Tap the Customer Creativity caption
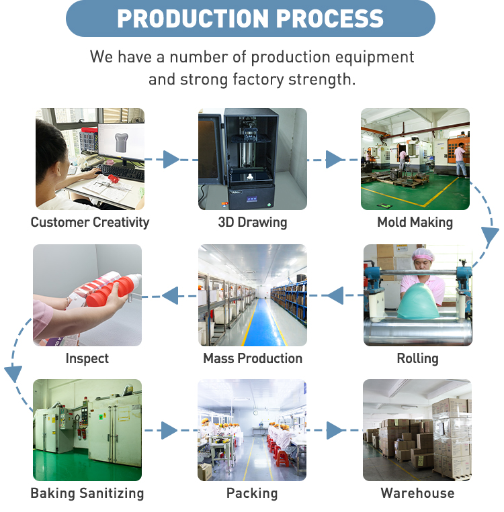pos(90,222)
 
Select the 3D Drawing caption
pos(252,222)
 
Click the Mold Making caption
pos(415,222)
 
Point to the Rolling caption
pos(417,358)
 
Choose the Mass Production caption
pos(253,358)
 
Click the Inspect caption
pos(87,358)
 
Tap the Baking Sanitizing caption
pos(87,493)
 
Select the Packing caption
pos(252,493)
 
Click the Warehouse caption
pos(417,493)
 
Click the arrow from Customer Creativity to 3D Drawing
pos(171,160)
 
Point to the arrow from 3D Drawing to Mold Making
pos(334,160)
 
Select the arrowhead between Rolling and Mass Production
pos(335,295)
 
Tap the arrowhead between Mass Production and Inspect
pos(170,295)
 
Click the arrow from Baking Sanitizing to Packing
pos(170,430)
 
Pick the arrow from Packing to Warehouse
pos(335,430)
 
